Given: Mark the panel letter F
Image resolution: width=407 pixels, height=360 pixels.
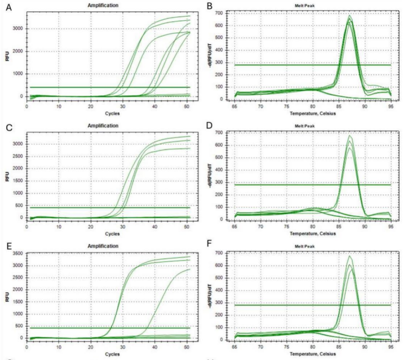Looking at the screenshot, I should (210, 244).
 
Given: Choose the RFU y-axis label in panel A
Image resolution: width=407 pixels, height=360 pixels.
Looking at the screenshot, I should (7, 56).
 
